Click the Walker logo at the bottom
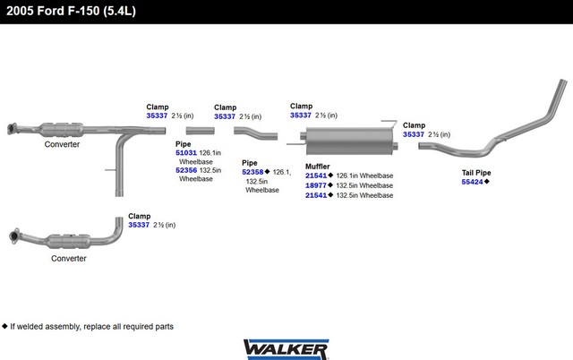(x=286, y=349)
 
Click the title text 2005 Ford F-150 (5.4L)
(x=72, y=11)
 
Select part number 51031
(x=186, y=153)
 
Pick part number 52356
(x=186, y=170)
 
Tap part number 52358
(x=252, y=172)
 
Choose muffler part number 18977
(x=316, y=185)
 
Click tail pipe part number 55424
(x=472, y=182)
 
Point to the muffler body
(x=349, y=141)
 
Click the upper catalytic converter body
(x=61, y=130)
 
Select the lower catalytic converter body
(x=69, y=241)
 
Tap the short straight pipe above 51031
(x=200, y=131)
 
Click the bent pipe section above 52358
(x=256, y=133)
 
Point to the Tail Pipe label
(x=476, y=173)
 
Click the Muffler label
(x=318, y=167)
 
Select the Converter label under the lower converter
(x=69, y=259)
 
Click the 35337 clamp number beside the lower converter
(x=139, y=225)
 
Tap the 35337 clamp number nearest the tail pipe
(x=414, y=134)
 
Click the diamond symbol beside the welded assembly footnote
(x=4, y=326)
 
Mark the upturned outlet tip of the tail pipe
(x=563, y=81)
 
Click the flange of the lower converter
(x=14, y=236)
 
